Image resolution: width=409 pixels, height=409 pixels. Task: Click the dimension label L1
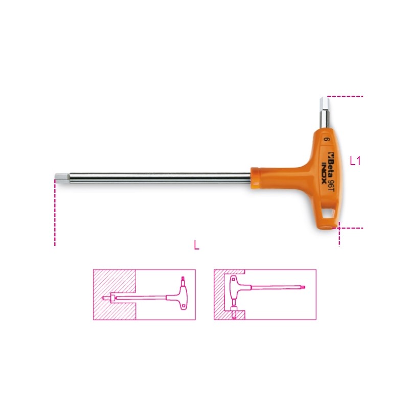(355, 161)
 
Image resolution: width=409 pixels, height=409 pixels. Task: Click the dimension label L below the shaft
(197, 245)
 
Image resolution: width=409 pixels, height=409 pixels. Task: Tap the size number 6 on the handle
(326, 139)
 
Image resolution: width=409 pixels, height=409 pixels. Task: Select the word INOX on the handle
(324, 173)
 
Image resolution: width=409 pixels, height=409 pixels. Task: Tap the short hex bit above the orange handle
(324, 113)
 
